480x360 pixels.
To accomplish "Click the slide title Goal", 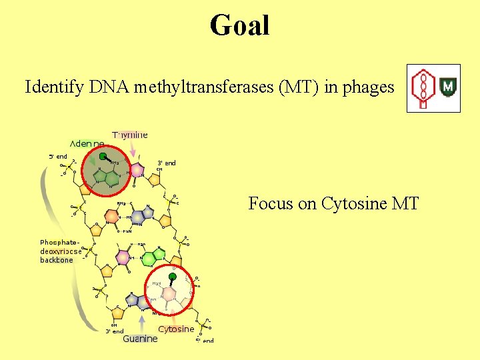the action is pyautogui.click(x=239, y=26).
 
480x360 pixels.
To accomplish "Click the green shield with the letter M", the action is pyautogui.click(x=448, y=87).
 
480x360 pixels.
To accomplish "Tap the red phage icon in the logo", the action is pyautogui.click(x=421, y=89).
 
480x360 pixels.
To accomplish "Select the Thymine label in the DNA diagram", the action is pyautogui.click(x=130, y=135).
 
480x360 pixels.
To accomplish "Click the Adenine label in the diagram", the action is pyautogui.click(x=87, y=143).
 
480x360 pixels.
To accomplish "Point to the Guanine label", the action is pyautogui.click(x=140, y=339).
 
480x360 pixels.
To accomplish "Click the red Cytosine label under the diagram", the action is pyautogui.click(x=176, y=329).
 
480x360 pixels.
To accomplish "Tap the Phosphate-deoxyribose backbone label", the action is pyautogui.click(x=60, y=251).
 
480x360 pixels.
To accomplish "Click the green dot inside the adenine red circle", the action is pyautogui.click(x=103, y=157).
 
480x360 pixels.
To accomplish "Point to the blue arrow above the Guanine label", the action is pyautogui.click(x=142, y=324).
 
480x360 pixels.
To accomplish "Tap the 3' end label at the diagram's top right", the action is pyautogui.click(x=166, y=163).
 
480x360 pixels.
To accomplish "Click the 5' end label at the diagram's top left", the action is pyautogui.click(x=57, y=156).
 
